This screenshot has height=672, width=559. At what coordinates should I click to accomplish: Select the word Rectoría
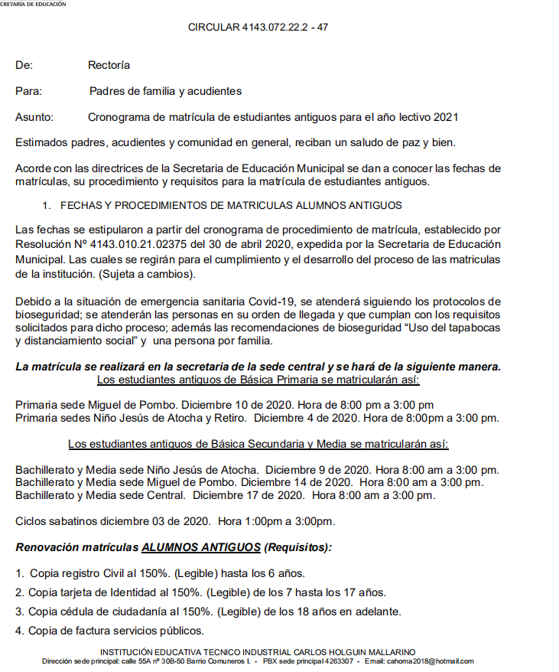click(109, 66)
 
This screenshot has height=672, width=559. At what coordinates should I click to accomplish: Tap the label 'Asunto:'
click(34, 117)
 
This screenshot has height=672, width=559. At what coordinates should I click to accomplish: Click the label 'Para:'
click(29, 92)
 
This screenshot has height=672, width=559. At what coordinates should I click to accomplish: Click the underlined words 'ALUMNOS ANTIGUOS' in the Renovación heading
click(201, 548)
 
